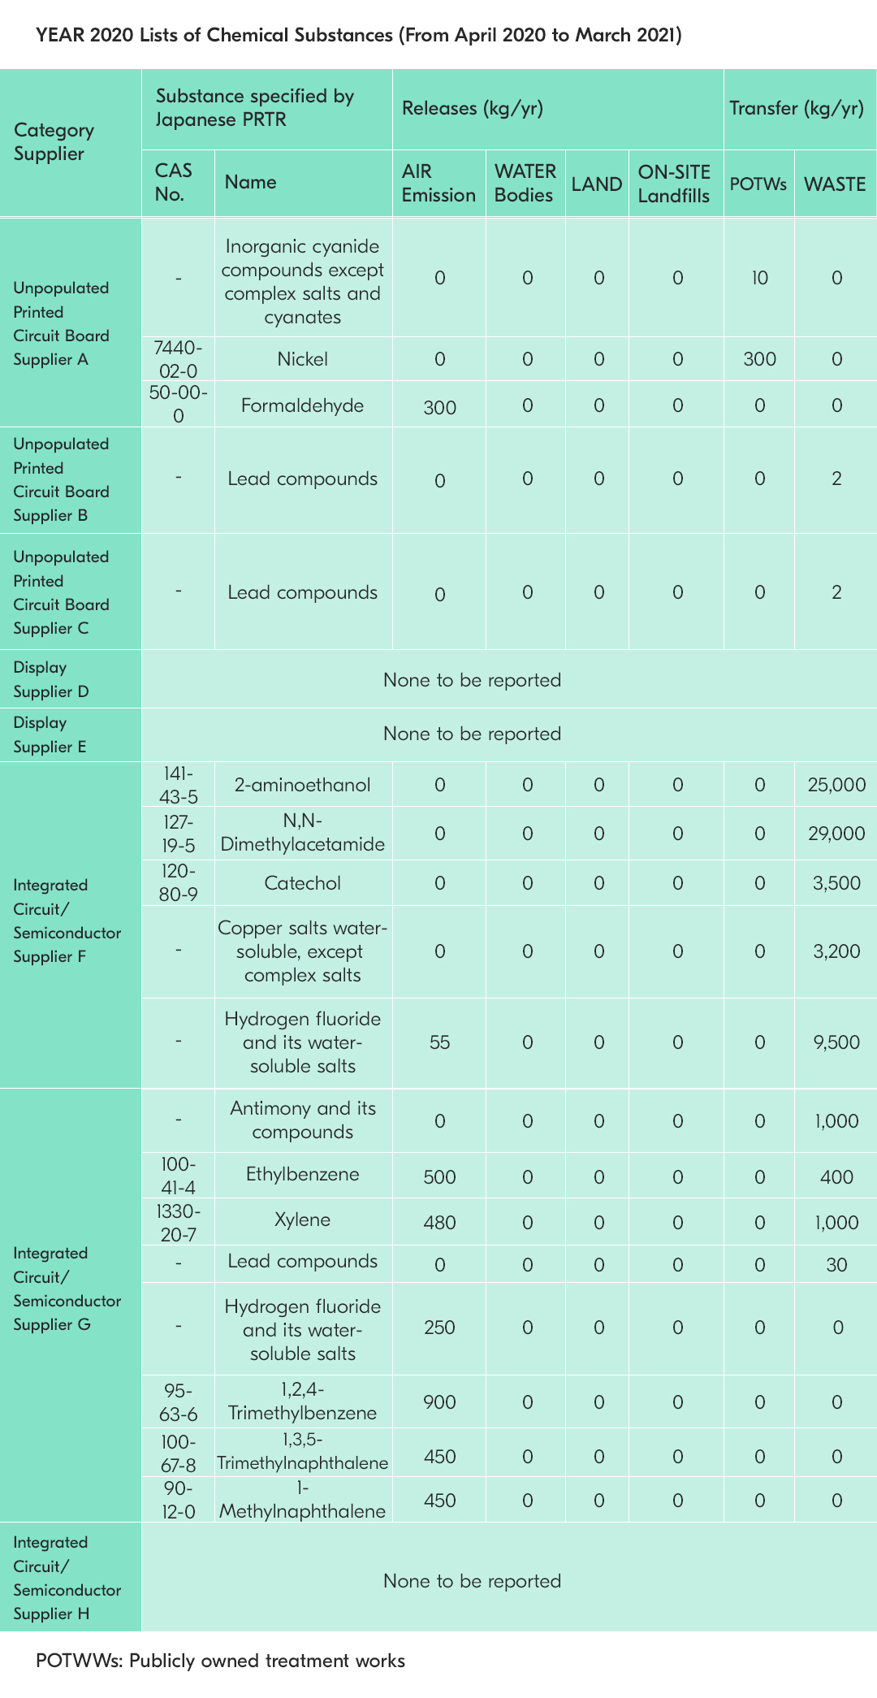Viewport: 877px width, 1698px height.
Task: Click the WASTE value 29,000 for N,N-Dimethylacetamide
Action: click(836, 833)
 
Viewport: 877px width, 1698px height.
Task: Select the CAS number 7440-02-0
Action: click(178, 359)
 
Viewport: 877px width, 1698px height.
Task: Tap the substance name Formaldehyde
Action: click(302, 405)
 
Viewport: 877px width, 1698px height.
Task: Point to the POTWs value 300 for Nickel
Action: click(759, 359)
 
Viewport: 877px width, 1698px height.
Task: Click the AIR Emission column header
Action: click(438, 183)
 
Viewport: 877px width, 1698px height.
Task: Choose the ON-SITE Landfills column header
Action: click(674, 183)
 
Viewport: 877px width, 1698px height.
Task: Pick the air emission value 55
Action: click(439, 1042)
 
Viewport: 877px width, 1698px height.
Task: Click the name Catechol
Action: click(302, 883)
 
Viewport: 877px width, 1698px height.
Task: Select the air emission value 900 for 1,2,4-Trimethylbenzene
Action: click(439, 1401)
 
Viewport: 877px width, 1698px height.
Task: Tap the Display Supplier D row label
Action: click(51, 679)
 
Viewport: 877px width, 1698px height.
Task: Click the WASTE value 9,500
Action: click(836, 1042)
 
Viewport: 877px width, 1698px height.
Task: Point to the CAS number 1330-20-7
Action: click(178, 1223)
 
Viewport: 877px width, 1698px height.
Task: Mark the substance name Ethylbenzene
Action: click(302, 1174)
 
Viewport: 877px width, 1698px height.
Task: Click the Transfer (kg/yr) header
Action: click(796, 109)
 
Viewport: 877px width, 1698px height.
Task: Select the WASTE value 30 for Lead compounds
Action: click(836, 1264)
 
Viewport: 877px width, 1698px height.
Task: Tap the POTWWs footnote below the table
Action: click(220, 1661)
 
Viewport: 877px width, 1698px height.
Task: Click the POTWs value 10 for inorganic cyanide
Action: click(759, 278)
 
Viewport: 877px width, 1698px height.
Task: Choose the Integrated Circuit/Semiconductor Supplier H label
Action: click(67, 1578)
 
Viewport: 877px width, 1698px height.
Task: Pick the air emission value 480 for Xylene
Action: click(439, 1223)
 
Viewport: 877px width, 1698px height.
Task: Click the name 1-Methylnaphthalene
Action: click(302, 1500)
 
